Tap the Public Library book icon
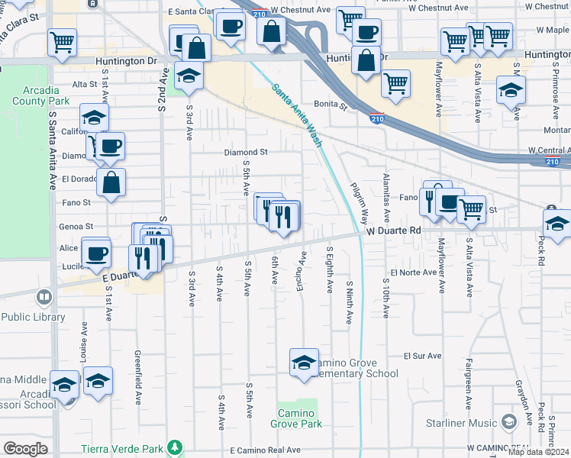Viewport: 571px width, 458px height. click(x=45, y=296)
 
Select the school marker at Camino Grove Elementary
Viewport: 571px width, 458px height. click(x=304, y=363)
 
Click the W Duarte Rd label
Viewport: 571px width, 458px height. click(x=394, y=230)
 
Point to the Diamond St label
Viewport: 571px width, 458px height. click(x=246, y=153)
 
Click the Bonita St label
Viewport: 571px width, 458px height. click(x=331, y=104)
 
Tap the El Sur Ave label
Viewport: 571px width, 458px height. click(x=424, y=356)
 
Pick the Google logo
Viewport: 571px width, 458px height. click(x=25, y=449)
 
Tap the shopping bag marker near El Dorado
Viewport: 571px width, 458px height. click(x=111, y=182)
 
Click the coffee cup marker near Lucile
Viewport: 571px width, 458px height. click(x=96, y=253)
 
